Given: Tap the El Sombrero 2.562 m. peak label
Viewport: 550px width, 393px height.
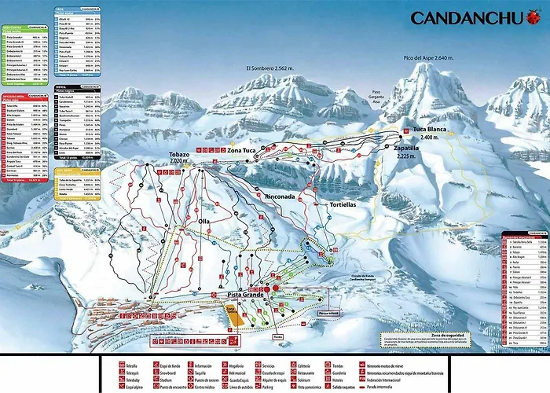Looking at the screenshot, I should pyautogui.click(x=274, y=68).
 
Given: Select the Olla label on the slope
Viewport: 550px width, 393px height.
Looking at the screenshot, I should pyautogui.click(x=204, y=222).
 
